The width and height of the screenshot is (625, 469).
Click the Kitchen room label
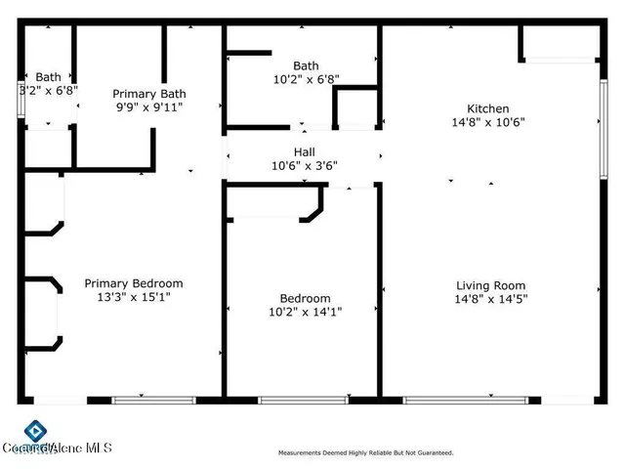(487, 108)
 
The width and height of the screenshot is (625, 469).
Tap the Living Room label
(492, 285)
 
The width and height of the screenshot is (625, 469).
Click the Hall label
(304, 151)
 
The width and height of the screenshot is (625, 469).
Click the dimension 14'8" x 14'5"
(492, 300)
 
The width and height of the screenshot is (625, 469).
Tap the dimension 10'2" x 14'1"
(305, 312)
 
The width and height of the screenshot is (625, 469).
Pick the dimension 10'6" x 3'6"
(304, 165)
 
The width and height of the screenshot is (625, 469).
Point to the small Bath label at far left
(48, 76)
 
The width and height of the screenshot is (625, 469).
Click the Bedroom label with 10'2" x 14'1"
(305, 298)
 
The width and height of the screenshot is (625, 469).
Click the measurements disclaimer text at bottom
(365, 453)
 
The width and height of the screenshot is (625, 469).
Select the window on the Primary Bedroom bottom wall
(154, 400)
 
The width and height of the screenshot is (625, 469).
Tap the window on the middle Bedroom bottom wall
(303, 400)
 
